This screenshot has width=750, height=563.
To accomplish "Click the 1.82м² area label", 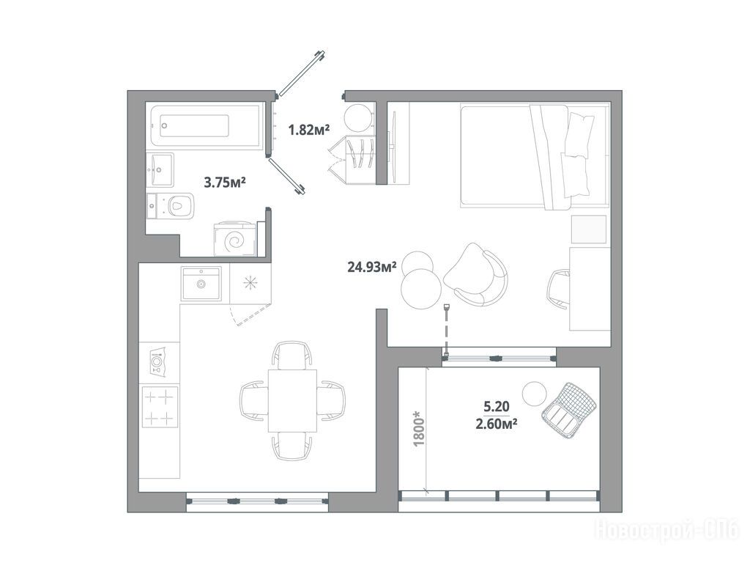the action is point(309,129).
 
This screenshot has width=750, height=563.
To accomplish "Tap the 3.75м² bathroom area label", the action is point(225,182).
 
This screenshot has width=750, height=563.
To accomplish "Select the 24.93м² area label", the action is point(371,267).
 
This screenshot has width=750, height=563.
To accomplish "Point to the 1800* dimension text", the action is point(419,428).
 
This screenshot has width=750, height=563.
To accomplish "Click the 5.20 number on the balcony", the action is point(497,407).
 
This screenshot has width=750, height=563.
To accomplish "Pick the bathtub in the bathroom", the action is point(206,126).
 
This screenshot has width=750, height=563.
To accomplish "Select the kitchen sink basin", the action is point(201,284).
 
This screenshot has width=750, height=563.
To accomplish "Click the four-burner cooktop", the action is point(160,406).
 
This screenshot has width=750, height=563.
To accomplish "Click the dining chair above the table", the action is point(292,355).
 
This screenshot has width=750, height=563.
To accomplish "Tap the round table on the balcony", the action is point(534,394).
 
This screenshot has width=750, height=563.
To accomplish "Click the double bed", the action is point(533,157).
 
